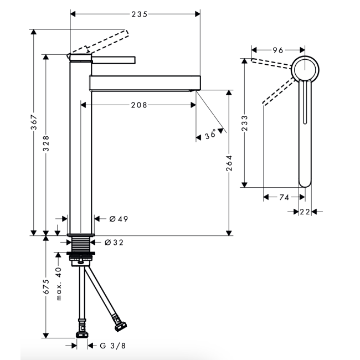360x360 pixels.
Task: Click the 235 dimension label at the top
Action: pyautogui.click(x=140, y=14)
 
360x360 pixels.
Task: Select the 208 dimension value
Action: pyautogui.click(x=139, y=105)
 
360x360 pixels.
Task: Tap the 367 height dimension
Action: pyautogui.click(x=34, y=122)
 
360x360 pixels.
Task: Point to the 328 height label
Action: pyautogui.click(x=46, y=143)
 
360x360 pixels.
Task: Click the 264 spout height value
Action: pyautogui.click(x=229, y=163)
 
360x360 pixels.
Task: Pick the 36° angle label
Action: pyautogui.click(x=210, y=134)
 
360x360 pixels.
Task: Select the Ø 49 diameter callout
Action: pyautogui.click(x=119, y=219)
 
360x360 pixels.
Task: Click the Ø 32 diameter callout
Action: pyautogui.click(x=114, y=243)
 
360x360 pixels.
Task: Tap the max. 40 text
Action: pyautogui.click(x=59, y=284)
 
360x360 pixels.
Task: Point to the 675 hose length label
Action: pyautogui.click(x=46, y=287)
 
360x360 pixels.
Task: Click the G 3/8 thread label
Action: pyautogui.click(x=113, y=346)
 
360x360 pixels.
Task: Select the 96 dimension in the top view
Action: pyautogui.click(x=278, y=50)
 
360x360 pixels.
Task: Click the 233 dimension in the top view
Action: pyautogui.click(x=245, y=123)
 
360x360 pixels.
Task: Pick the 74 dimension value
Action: pyautogui.click(x=284, y=197)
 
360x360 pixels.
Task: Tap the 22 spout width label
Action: pyautogui.click(x=305, y=212)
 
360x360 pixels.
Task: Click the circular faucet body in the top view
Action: pyautogui.click(x=305, y=69)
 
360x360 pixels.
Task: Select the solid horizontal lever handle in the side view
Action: pyautogui.click(x=114, y=60)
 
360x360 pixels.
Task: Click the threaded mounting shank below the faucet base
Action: pyautogui.click(x=81, y=244)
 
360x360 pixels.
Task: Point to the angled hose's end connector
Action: pyautogui.click(x=120, y=325)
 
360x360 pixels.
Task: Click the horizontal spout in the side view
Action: pyautogui.click(x=145, y=83)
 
